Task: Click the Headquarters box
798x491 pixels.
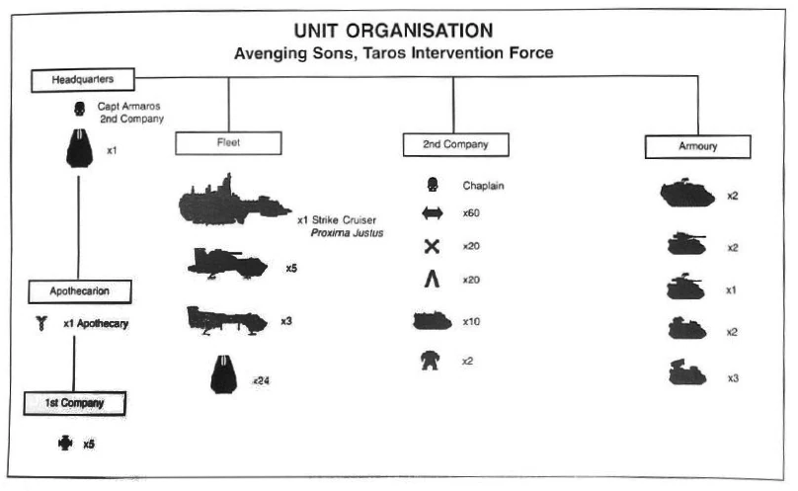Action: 82,79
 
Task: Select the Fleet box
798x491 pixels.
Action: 228,143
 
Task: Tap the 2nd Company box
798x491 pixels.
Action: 453,145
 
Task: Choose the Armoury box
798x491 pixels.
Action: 698,146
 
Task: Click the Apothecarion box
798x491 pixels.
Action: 78,290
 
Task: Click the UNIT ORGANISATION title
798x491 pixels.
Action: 393,30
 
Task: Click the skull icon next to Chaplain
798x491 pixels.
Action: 431,185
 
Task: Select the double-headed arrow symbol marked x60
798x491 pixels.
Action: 431,213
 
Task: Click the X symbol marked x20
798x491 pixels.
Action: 431,247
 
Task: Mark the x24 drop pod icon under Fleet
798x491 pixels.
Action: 226,374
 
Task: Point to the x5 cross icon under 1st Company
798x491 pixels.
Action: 66,444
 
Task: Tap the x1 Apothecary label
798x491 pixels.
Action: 95,324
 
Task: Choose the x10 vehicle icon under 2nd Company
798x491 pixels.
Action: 431,321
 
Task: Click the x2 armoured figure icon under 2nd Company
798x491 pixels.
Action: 431,360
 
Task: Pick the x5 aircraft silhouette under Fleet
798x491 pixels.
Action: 227,264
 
